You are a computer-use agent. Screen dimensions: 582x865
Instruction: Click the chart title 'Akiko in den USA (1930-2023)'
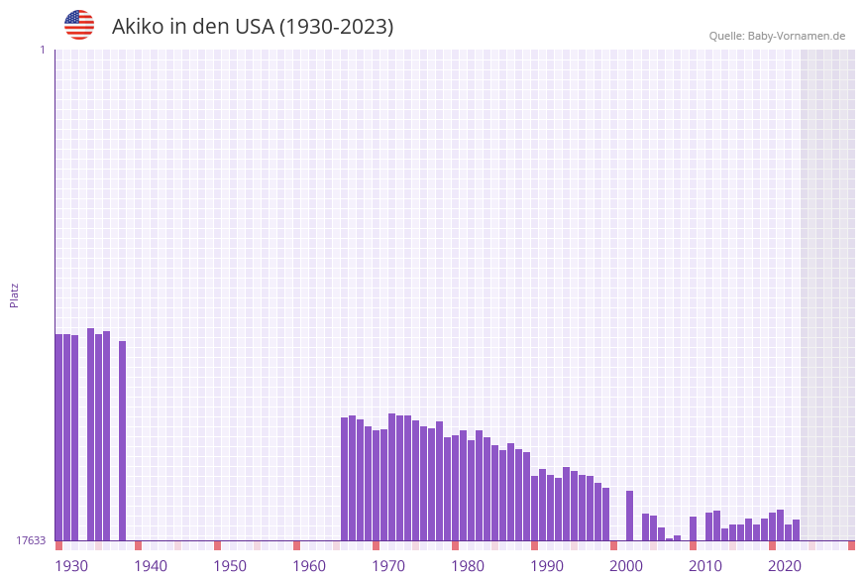tap(253, 27)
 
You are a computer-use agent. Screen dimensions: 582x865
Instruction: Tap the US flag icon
tap(79, 25)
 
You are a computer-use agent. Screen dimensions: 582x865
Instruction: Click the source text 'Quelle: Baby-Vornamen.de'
tap(777, 36)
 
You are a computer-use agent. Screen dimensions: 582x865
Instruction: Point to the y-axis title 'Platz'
tap(15, 294)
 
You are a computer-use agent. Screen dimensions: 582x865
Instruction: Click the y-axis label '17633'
tap(31, 540)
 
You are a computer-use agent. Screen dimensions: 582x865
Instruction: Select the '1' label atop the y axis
tap(42, 50)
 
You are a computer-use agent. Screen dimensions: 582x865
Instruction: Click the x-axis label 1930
tap(71, 566)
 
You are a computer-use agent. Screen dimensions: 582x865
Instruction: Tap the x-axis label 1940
tap(151, 566)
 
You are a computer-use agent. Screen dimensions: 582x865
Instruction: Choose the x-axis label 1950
tap(230, 566)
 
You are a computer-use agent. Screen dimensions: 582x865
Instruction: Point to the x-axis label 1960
tap(309, 566)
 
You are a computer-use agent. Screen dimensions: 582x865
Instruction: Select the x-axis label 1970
tap(388, 566)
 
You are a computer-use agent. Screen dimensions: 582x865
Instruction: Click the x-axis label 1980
tap(468, 566)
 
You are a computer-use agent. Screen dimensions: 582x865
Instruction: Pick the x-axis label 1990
tap(547, 566)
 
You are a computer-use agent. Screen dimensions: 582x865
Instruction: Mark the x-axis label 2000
tap(626, 566)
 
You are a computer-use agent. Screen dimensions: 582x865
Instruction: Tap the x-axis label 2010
tap(705, 566)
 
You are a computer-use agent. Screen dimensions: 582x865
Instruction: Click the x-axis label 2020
tap(785, 566)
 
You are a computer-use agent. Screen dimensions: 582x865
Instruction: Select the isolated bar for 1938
tap(122, 441)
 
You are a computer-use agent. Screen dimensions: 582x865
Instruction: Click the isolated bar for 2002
tap(629, 516)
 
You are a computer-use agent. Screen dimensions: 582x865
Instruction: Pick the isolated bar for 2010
tap(693, 528)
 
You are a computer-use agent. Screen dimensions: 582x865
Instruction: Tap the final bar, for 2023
tap(796, 530)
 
